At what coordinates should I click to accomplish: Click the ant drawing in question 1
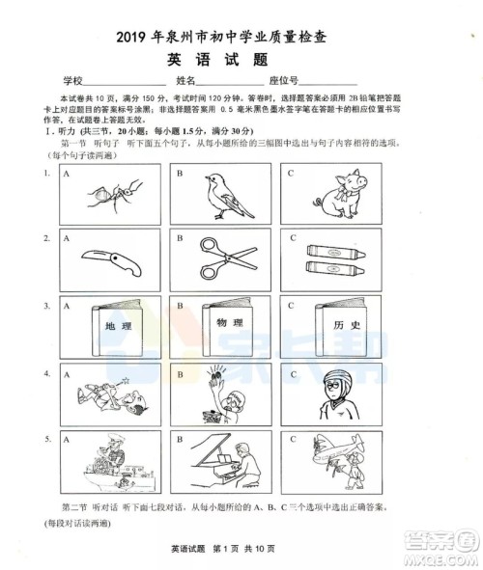pyautogui.click(x=115, y=193)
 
